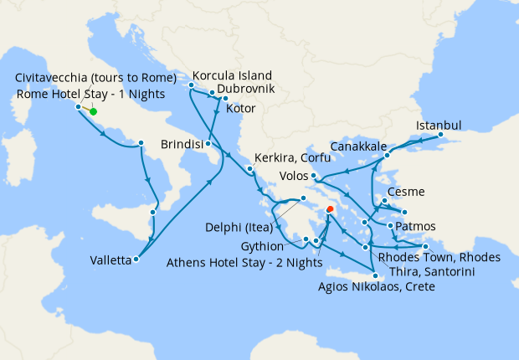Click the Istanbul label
(439, 126)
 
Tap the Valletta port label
(110, 260)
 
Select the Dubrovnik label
(247, 88)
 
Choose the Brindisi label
(182, 144)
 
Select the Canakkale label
(358, 147)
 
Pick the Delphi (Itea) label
(243, 226)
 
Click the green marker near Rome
(93, 111)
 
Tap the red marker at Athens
(330, 209)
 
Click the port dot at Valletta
(136, 259)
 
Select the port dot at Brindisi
(207, 144)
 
